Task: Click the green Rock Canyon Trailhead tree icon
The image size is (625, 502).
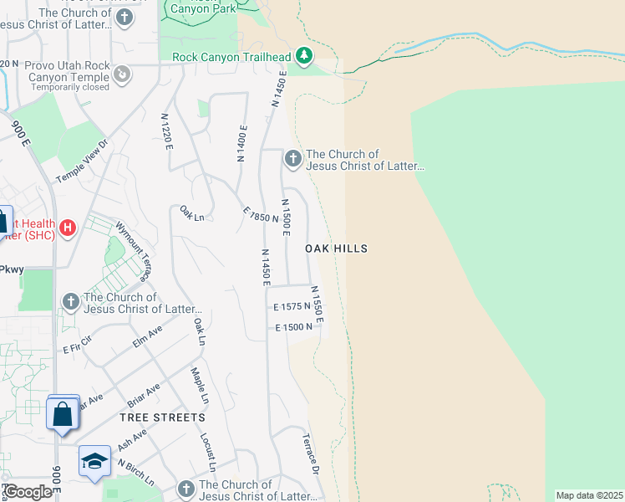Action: [305, 57]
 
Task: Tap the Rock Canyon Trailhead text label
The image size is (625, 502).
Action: [231, 57]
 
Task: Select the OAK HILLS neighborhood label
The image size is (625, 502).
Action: [336, 248]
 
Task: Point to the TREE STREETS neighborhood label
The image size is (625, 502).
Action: [162, 417]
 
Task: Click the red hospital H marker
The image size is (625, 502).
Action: [69, 227]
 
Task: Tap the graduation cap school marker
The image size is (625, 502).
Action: [94, 461]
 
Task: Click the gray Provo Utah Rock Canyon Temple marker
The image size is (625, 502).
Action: [123, 75]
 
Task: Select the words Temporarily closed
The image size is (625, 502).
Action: [67, 87]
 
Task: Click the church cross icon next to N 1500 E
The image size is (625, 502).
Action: [292, 158]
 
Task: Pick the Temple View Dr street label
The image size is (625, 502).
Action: [83, 161]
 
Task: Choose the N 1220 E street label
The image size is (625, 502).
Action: [168, 131]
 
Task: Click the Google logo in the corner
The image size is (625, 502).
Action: [27, 492]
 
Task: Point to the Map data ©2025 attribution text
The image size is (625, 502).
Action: [589, 495]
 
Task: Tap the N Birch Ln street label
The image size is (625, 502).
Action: [135, 472]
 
